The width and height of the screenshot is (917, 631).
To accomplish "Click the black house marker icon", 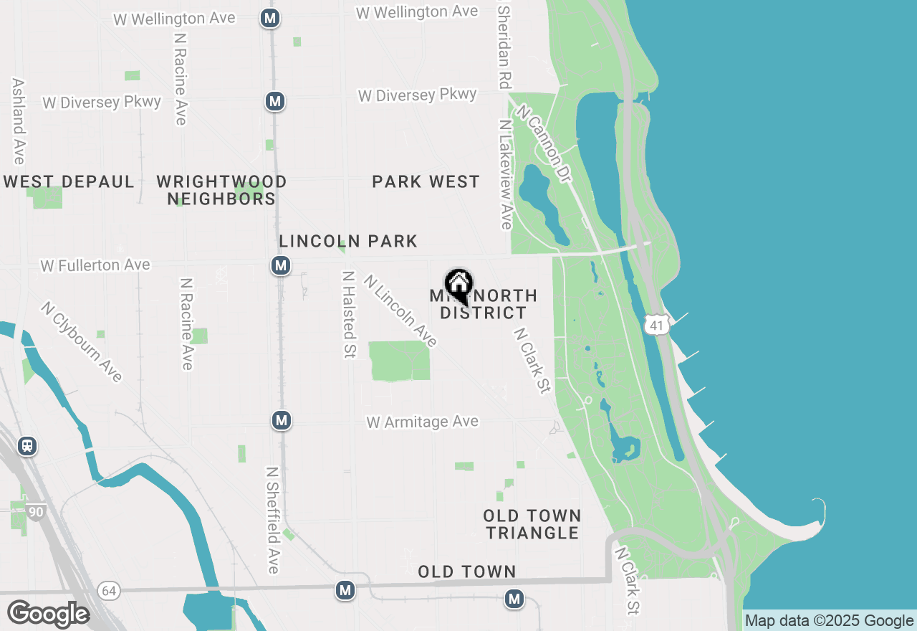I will [x=458, y=285].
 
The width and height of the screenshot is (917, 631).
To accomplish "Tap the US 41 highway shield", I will [x=656, y=324].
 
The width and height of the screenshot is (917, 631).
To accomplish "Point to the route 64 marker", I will [x=108, y=590].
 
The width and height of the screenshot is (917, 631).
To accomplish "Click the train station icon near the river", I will [x=27, y=446].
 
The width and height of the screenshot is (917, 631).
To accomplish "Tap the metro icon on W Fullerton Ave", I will [x=281, y=266].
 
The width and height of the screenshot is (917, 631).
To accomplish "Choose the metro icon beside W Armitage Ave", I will [x=282, y=420].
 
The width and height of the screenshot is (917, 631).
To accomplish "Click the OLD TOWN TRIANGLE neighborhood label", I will [x=532, y=524].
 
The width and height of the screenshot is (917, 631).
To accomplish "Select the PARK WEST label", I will [x=426, y=182].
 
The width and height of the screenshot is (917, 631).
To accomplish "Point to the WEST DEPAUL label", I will [x=69, y=182].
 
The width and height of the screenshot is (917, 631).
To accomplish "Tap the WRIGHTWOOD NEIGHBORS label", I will [x=221, y=190].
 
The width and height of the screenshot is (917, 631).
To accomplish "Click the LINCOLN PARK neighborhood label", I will [x=348, y=241].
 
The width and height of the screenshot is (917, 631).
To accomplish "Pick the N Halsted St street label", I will [x=350, y=314].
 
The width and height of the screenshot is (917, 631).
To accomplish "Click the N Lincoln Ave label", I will [x=400, y=311].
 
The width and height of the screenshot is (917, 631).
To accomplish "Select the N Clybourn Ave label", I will [x=82, y=342].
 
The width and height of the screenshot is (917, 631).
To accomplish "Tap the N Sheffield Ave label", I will [x=272, y=521].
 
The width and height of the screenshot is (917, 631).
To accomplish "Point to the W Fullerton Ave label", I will [x=95, y=265].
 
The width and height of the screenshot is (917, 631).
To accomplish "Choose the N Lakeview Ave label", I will [x=506, y=174].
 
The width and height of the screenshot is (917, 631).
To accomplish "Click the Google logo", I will [x=48, y=614].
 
